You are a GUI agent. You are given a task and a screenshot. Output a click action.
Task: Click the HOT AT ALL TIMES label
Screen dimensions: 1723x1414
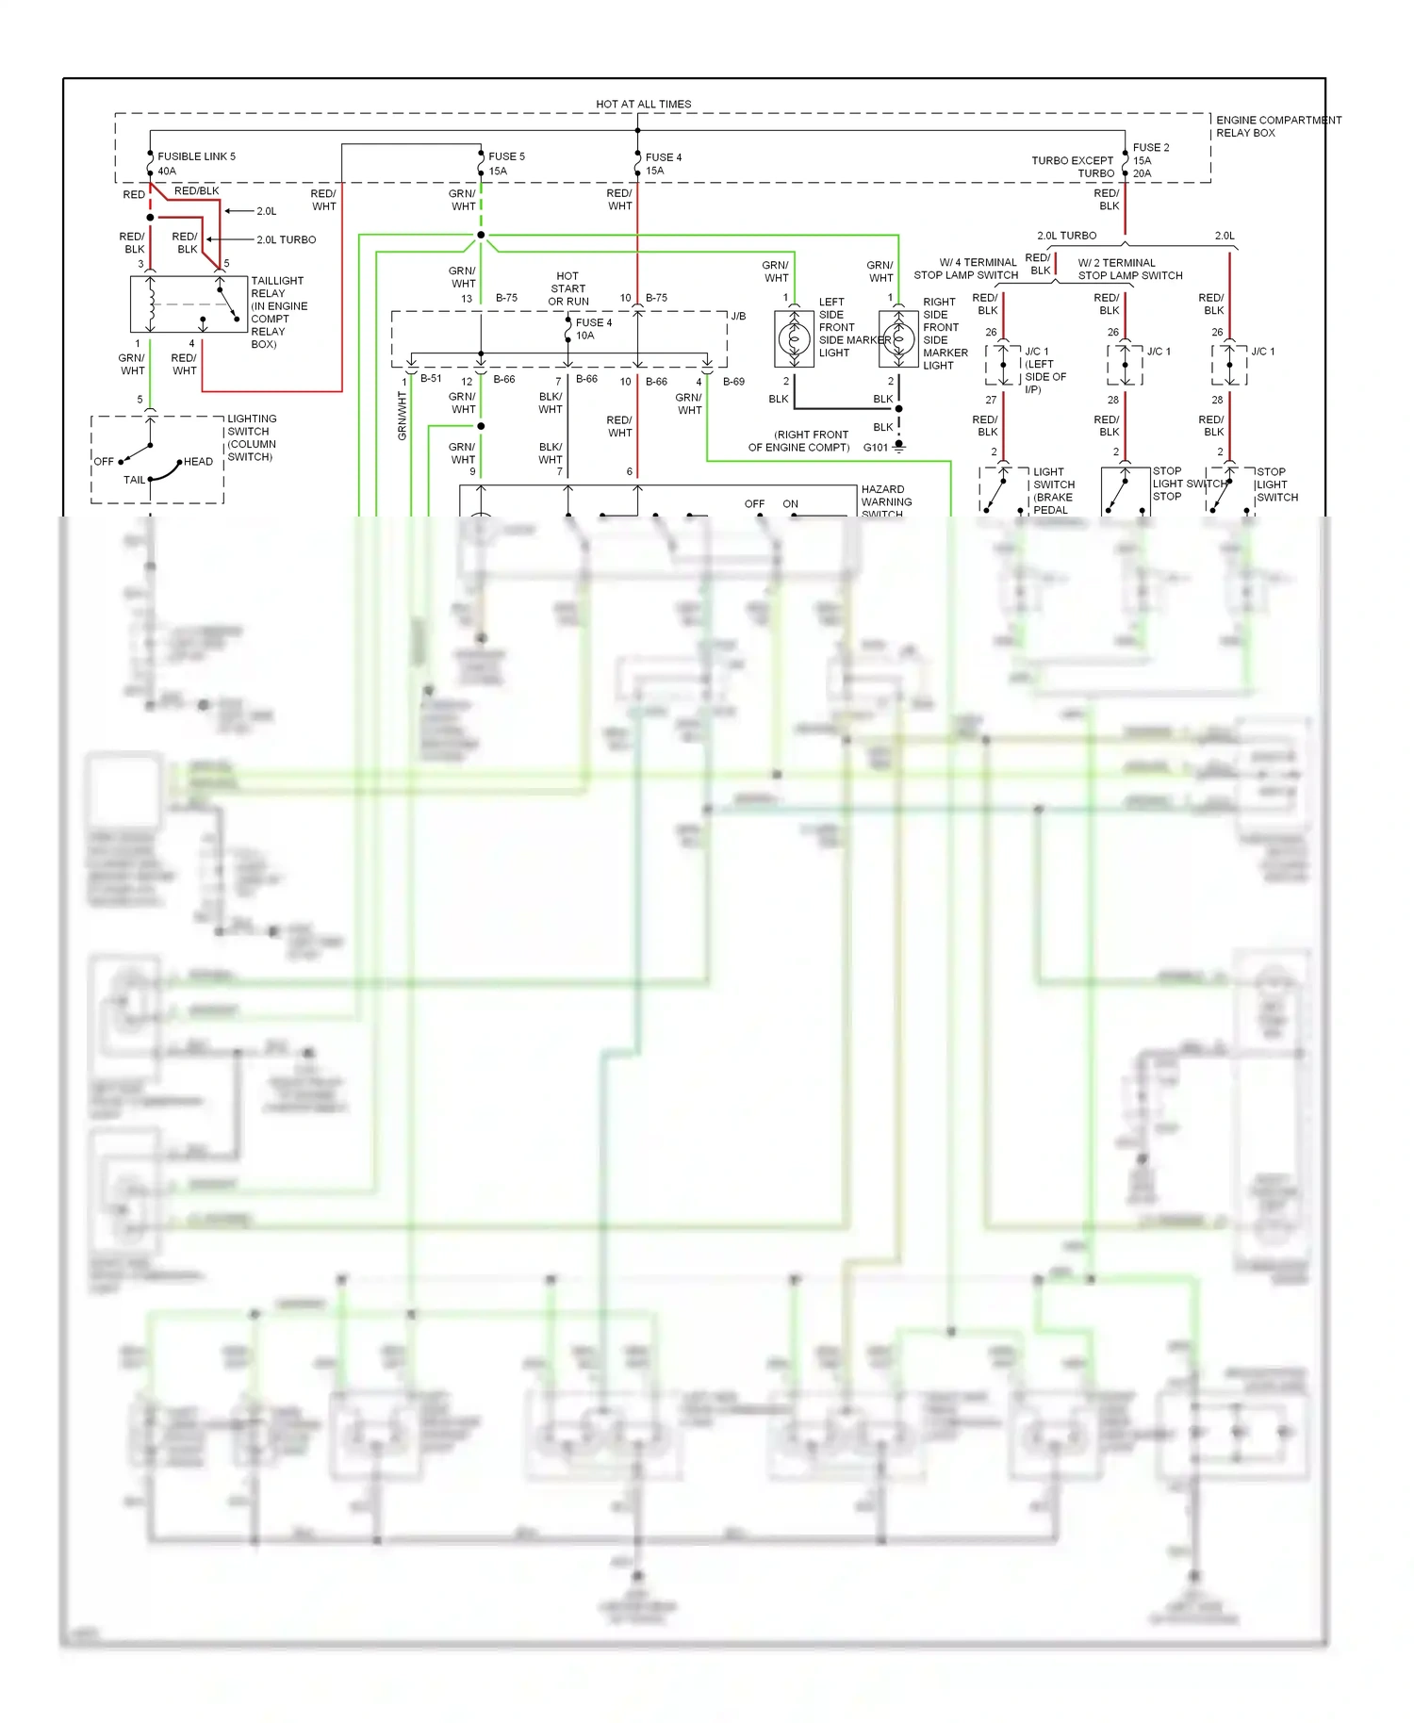click(643, 104)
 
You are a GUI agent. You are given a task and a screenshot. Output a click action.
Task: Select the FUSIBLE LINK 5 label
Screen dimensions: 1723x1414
click(196, 156)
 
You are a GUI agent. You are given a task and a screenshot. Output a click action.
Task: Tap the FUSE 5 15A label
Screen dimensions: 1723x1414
click(505, 163)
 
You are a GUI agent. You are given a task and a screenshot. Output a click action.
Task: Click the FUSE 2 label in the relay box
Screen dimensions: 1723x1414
click(1150, 148)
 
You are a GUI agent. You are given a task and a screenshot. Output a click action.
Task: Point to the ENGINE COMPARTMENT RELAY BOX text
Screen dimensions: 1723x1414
click(1277, 126)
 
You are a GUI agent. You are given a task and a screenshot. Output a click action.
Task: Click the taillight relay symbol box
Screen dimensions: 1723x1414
click(188, 304)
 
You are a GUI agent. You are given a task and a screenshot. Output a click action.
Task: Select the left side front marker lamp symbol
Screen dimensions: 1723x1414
click(794, 338)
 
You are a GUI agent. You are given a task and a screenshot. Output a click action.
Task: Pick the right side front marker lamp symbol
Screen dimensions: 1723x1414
click(898, 338)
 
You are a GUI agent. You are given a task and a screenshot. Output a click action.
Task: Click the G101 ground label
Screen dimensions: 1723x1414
click(875, 448)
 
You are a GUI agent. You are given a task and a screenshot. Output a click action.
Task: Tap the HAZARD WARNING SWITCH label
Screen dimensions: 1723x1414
click(885, 501)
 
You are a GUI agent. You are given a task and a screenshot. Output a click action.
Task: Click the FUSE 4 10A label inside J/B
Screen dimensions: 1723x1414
click(593, 329)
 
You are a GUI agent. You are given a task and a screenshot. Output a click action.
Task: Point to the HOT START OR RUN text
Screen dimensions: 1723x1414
click(567, 288)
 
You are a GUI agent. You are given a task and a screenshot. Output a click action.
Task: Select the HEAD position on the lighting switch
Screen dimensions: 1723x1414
click(198, 462)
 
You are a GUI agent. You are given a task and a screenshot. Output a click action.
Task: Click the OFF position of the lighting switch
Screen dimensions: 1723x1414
click(104, 462)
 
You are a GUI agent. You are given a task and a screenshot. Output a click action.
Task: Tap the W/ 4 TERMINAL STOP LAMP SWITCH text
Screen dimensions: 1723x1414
click(966, 269)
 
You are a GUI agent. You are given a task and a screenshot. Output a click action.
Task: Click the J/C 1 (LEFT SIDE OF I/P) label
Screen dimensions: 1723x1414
click(1044, 369)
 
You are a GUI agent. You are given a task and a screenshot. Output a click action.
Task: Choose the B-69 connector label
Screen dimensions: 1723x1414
click(733, 382)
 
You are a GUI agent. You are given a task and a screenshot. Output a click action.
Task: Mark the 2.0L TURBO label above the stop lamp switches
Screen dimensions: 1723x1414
click(1066, 236)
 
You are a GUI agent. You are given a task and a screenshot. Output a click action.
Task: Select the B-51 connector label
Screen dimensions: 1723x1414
click(431, 379)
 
